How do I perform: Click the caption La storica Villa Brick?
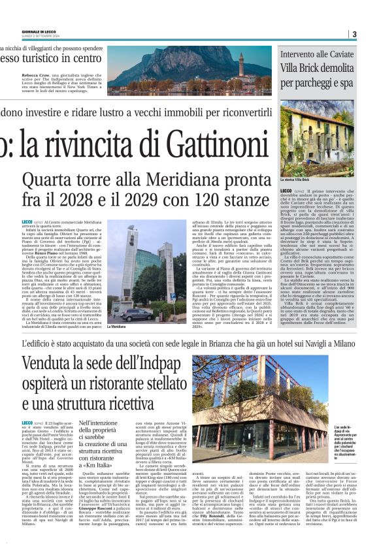point(297,178)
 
